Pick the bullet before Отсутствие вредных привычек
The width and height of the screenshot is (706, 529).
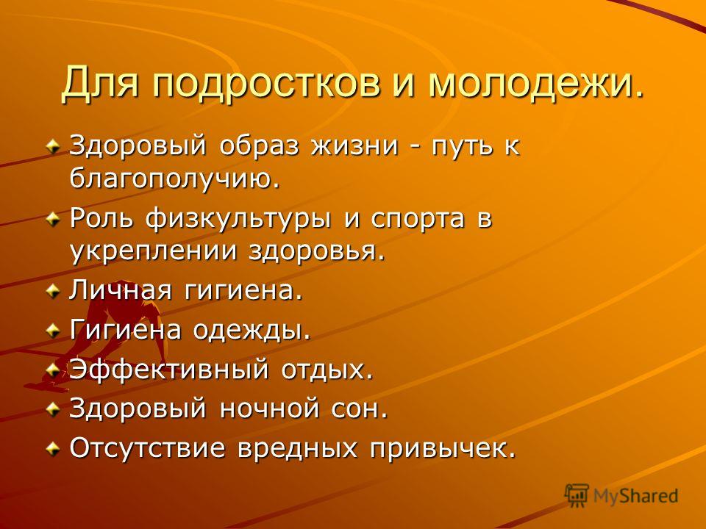pos(54,448)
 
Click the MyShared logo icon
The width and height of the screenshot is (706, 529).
pos(577,495)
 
